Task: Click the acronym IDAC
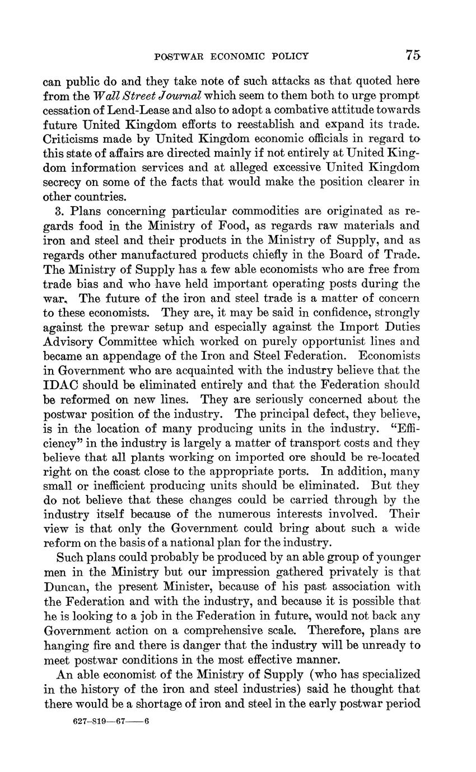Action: pyautogui.click(x=61, y=385)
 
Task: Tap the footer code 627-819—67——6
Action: pyautogui.click(x=111, y=722)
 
